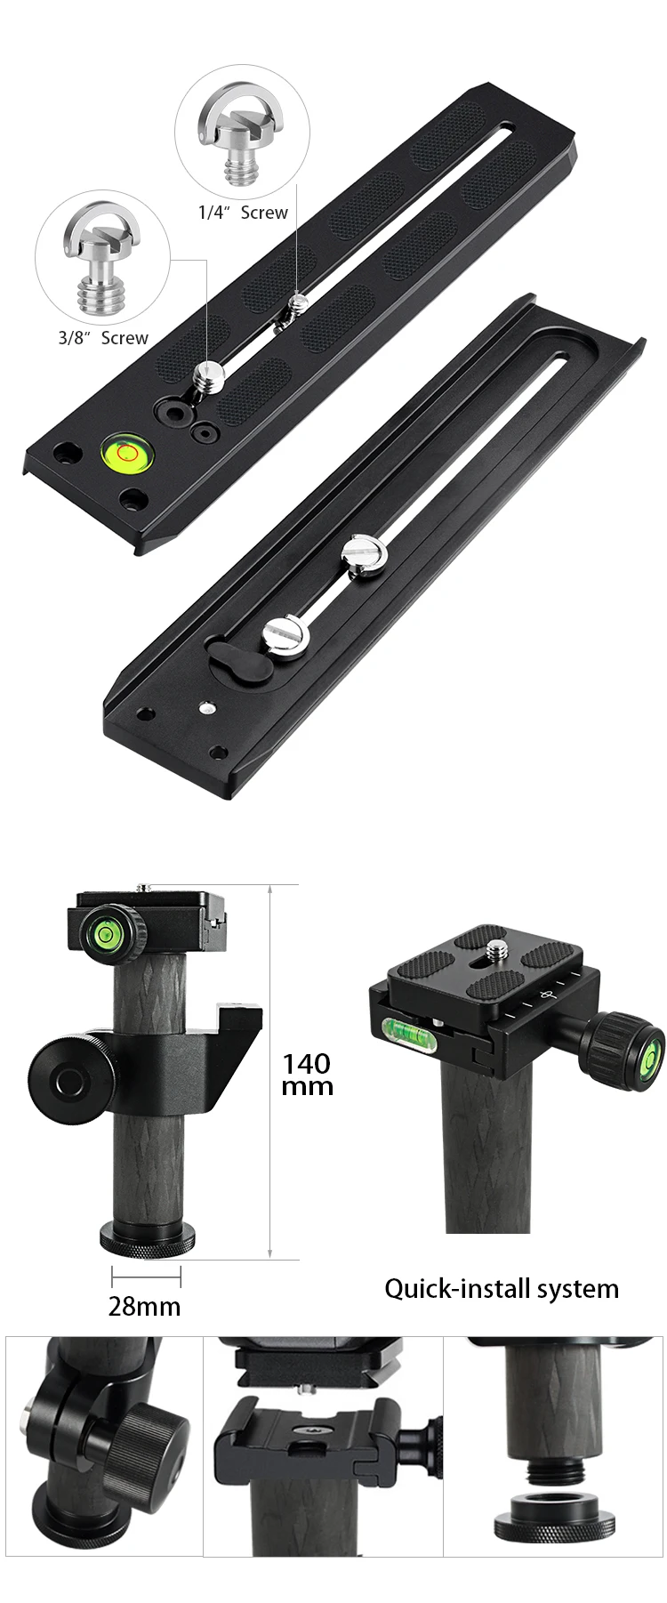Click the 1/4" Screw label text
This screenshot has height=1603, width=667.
coord(243,213)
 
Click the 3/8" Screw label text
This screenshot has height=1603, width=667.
coord(103,338)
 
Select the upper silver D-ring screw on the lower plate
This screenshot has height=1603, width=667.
coord(365,556)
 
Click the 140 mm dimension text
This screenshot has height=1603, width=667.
coord(307,1074)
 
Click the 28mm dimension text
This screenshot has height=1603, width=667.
coord(144,1306)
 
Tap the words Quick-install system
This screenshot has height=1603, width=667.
coord(502,1288)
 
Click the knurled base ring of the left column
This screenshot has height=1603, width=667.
coord(145,1243)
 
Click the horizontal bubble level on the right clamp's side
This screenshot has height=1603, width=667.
coord(405,1032)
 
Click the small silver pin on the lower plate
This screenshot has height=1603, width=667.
coord(207,708)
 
